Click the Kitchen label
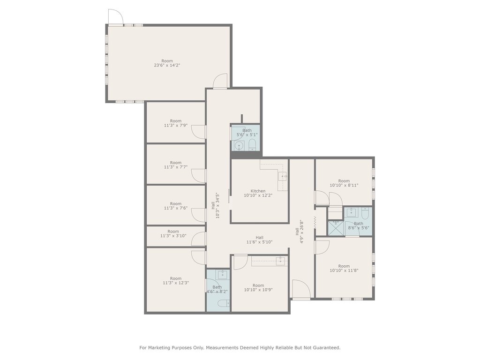[258, 191]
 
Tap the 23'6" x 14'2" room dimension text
[167, 65]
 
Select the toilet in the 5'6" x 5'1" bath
[252, 145]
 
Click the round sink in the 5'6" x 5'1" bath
[239, 146]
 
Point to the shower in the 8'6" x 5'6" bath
[336, 228]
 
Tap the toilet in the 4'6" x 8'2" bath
[223, 303]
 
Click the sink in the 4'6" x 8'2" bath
[222, 274]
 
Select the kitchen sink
[283, 176]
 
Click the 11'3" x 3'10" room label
[173, 234]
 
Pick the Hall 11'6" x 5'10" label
[259, 240]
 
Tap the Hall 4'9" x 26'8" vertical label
[300, 232]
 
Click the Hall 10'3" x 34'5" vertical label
[215, 205]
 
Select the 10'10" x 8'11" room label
[344, 183]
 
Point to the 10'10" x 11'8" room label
[344, 268]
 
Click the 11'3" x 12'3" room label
[176, 281]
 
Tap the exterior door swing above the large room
[116, 16]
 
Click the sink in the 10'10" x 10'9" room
[280, 261]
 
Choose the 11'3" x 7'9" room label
[176, 123]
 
